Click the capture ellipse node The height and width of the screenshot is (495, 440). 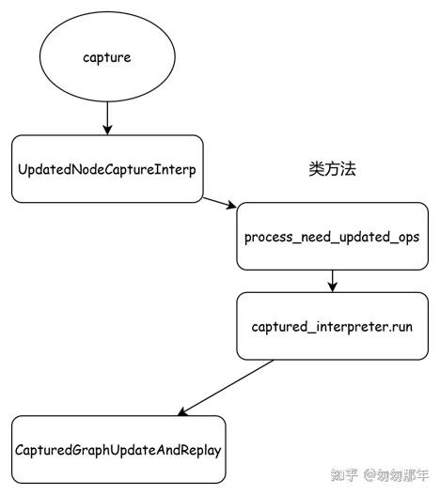pos(107,58)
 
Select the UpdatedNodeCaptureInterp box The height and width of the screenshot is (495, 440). pos(107,169)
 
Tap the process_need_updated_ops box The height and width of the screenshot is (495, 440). pos(331,236)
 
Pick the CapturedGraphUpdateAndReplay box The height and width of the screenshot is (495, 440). pos(118,449)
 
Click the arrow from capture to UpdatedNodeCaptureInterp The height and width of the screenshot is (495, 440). pos(107,116)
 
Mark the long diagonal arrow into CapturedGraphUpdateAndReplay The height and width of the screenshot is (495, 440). pos(226,387)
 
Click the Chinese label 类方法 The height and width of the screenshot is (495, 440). pos(333,169)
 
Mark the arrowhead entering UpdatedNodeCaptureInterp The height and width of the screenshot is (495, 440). pos(107,130)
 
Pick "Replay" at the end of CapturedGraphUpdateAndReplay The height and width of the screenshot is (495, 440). pos(199,450)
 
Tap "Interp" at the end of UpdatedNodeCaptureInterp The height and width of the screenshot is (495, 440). pos(177,170)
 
